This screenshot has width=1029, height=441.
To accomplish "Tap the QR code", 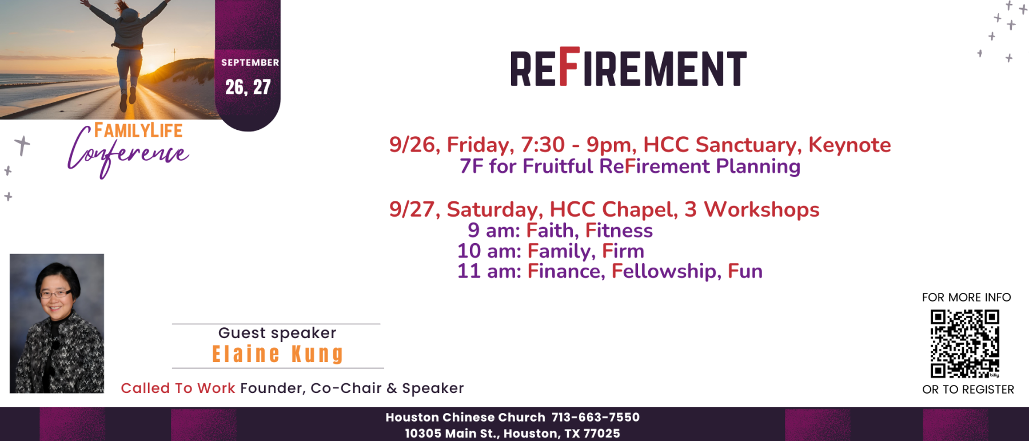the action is [x=965, y=344].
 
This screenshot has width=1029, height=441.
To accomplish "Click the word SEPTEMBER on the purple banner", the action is [x=250, y=62].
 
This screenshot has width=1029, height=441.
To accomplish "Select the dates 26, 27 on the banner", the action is [x=248, y=87].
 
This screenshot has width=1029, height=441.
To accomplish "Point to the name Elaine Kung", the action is [x=278, y=354].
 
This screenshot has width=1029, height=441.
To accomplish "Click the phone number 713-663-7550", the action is [x=596, y=417].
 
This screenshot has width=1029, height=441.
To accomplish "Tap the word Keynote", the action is [x=849, y=145].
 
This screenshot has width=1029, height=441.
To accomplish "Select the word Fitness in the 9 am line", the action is [x=619, y=230].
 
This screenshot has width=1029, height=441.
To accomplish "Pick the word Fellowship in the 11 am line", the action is [x=664, y=271].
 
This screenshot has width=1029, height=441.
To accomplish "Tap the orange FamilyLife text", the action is [x=138, y=130].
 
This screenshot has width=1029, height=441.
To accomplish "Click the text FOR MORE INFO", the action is [x=967, y=297].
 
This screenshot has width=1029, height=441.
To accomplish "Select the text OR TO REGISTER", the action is [x=968, y=390].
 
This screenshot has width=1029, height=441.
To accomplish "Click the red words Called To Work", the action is [x=178, y=388].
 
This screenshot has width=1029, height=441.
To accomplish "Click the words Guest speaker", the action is [x=277, y=333].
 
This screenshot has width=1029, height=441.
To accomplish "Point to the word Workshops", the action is [x=761, y=209].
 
